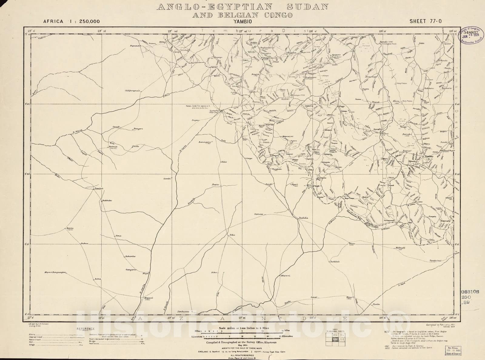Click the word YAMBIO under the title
click(x=242, y=22)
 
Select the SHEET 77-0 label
click(x=425, y=21)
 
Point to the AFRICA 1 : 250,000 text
click(x=71, y=21)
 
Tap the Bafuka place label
click(x=303, y=218)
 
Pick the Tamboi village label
click(x=99, y=188)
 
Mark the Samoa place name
click(x=259, y=214)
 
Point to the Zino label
click(x=224, y=162)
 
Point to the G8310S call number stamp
click(x=470, y=292)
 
